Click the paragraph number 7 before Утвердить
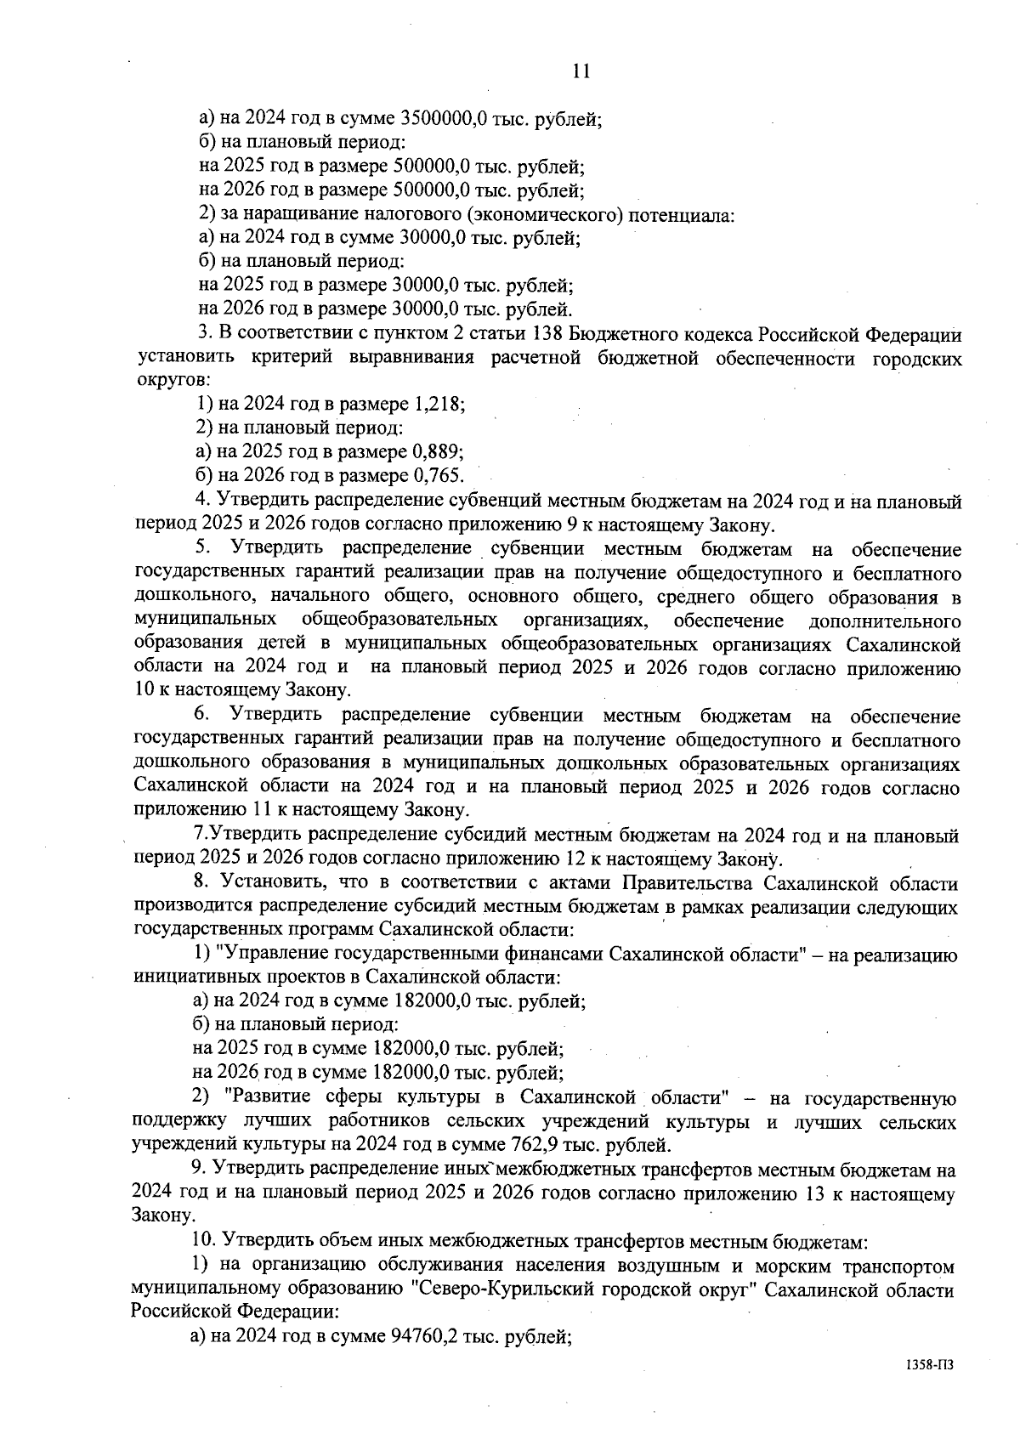(x=199, y=836)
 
